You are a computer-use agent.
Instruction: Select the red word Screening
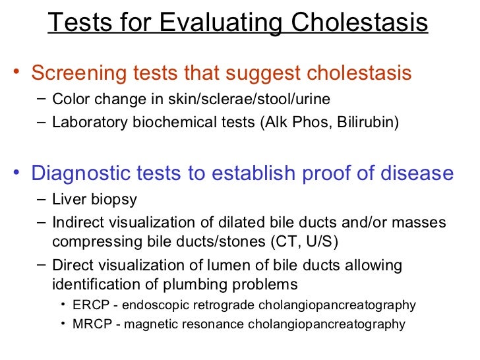pos(76,73)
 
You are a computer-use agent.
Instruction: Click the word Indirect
pos(77,222)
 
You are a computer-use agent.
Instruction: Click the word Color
pos(69,100)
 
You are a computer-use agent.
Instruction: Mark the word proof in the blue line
pos(340,173)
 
